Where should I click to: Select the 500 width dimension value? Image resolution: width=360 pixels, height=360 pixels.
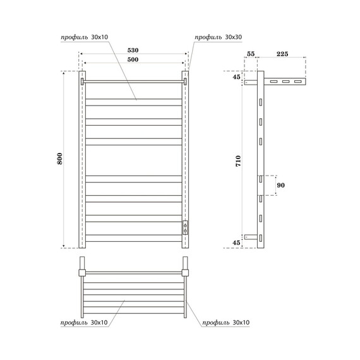[133, 59]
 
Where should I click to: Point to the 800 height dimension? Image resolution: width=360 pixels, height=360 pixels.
[60, 160]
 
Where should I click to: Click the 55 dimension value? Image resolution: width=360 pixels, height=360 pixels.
[250, 55]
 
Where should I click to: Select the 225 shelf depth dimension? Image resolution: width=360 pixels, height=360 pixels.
[282, 55]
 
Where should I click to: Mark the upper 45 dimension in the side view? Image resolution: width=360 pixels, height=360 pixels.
[236, 77]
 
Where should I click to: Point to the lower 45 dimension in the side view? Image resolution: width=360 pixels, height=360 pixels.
[236, 243]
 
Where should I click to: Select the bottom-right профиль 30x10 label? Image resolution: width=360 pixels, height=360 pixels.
[226, 322]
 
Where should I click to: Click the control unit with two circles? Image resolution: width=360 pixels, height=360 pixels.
[185, 227]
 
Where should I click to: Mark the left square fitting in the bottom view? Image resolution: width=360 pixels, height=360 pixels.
[81, 273]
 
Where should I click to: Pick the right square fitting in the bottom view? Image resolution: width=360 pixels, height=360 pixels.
[185, 273]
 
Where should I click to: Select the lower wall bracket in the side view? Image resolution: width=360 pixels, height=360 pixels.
[252, 237]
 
